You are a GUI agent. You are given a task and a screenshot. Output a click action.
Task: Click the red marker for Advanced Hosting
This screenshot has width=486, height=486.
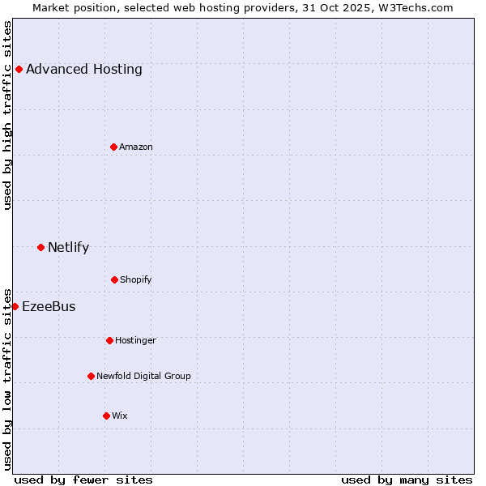[19, 69]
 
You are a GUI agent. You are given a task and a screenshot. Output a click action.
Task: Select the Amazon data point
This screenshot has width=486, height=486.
[113, 147]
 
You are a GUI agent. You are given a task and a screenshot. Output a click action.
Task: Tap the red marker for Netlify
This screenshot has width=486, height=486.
[40, 247]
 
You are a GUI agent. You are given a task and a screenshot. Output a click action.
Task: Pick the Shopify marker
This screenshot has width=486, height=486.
[114, 279]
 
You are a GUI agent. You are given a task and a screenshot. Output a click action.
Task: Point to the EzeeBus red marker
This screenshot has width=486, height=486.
[15, 306]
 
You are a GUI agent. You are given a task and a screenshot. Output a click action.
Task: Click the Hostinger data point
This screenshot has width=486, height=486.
[109, 340]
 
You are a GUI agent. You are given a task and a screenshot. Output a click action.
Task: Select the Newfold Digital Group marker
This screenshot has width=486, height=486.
[91, 376]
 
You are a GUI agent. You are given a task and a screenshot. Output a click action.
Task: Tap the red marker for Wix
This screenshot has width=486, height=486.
[106, 416]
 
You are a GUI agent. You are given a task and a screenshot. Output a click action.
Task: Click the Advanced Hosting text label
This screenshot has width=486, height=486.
[84, 69]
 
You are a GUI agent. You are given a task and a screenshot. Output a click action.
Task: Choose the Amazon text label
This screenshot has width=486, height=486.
[136, 147]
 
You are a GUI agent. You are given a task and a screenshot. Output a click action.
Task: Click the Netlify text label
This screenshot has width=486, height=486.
[69, 247]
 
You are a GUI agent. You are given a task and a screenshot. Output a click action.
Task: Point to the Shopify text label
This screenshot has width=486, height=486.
[136, 279]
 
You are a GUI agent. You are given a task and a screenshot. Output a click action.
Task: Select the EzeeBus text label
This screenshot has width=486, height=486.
[49, 306]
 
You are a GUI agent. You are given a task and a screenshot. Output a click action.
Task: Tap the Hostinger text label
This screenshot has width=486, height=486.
[135, 340]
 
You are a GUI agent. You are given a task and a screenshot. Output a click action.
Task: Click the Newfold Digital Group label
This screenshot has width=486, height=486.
[144, 376]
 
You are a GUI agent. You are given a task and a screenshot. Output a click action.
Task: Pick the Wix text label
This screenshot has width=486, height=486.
[120, 416]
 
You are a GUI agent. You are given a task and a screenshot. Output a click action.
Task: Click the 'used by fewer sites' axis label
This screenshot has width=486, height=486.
[83, 480]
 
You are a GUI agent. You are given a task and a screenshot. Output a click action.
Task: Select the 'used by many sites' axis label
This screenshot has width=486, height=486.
[407, 480]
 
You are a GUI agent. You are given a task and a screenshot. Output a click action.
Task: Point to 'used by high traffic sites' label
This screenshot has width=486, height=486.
[7, 115]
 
